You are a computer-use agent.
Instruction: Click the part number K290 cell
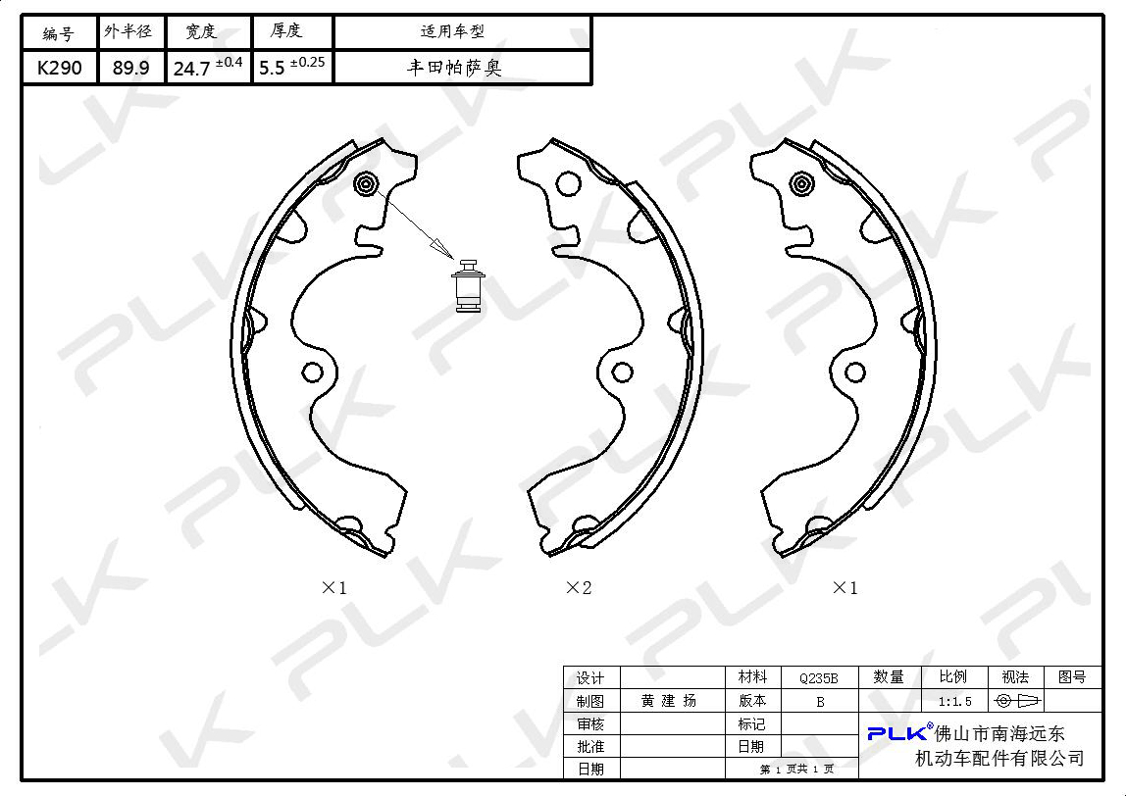coord(59,69)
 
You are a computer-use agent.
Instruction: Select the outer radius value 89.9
coord(130,69)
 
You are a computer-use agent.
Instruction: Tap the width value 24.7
coord(191,69)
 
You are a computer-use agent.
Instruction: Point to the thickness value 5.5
coord(272,69)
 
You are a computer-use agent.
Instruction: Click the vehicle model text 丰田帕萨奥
coord(454,69)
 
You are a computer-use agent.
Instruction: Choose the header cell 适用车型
coord(452,31)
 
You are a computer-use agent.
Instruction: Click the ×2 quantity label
coord(579,588)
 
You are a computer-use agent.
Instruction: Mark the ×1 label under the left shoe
coord(333,588)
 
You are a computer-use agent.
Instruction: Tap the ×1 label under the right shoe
coord(845,588)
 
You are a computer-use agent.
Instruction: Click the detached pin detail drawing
coord(468,285)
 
